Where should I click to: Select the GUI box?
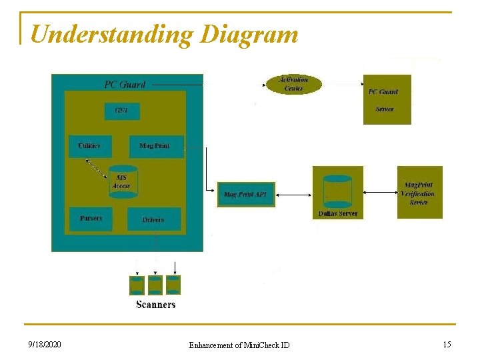point(121,111)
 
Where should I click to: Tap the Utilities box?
point(90,146)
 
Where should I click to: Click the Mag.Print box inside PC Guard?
point(155,146)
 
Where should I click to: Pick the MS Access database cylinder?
point(123,181)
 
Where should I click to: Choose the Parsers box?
point(91,219)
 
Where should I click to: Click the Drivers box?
point(153,219)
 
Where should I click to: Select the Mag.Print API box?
point(245,195)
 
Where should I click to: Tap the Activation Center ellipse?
point(293,84)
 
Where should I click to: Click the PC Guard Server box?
point(387,99)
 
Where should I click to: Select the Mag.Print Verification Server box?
point(419,193)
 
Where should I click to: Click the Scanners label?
point(156,305)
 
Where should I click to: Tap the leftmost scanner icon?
point(137,285)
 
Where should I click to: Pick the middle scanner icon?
point(155,285)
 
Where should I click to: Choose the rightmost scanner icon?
point(173,285)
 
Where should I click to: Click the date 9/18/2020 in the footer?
point(45,345)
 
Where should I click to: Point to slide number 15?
point(447,344)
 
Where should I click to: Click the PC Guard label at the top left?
point(125,85)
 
